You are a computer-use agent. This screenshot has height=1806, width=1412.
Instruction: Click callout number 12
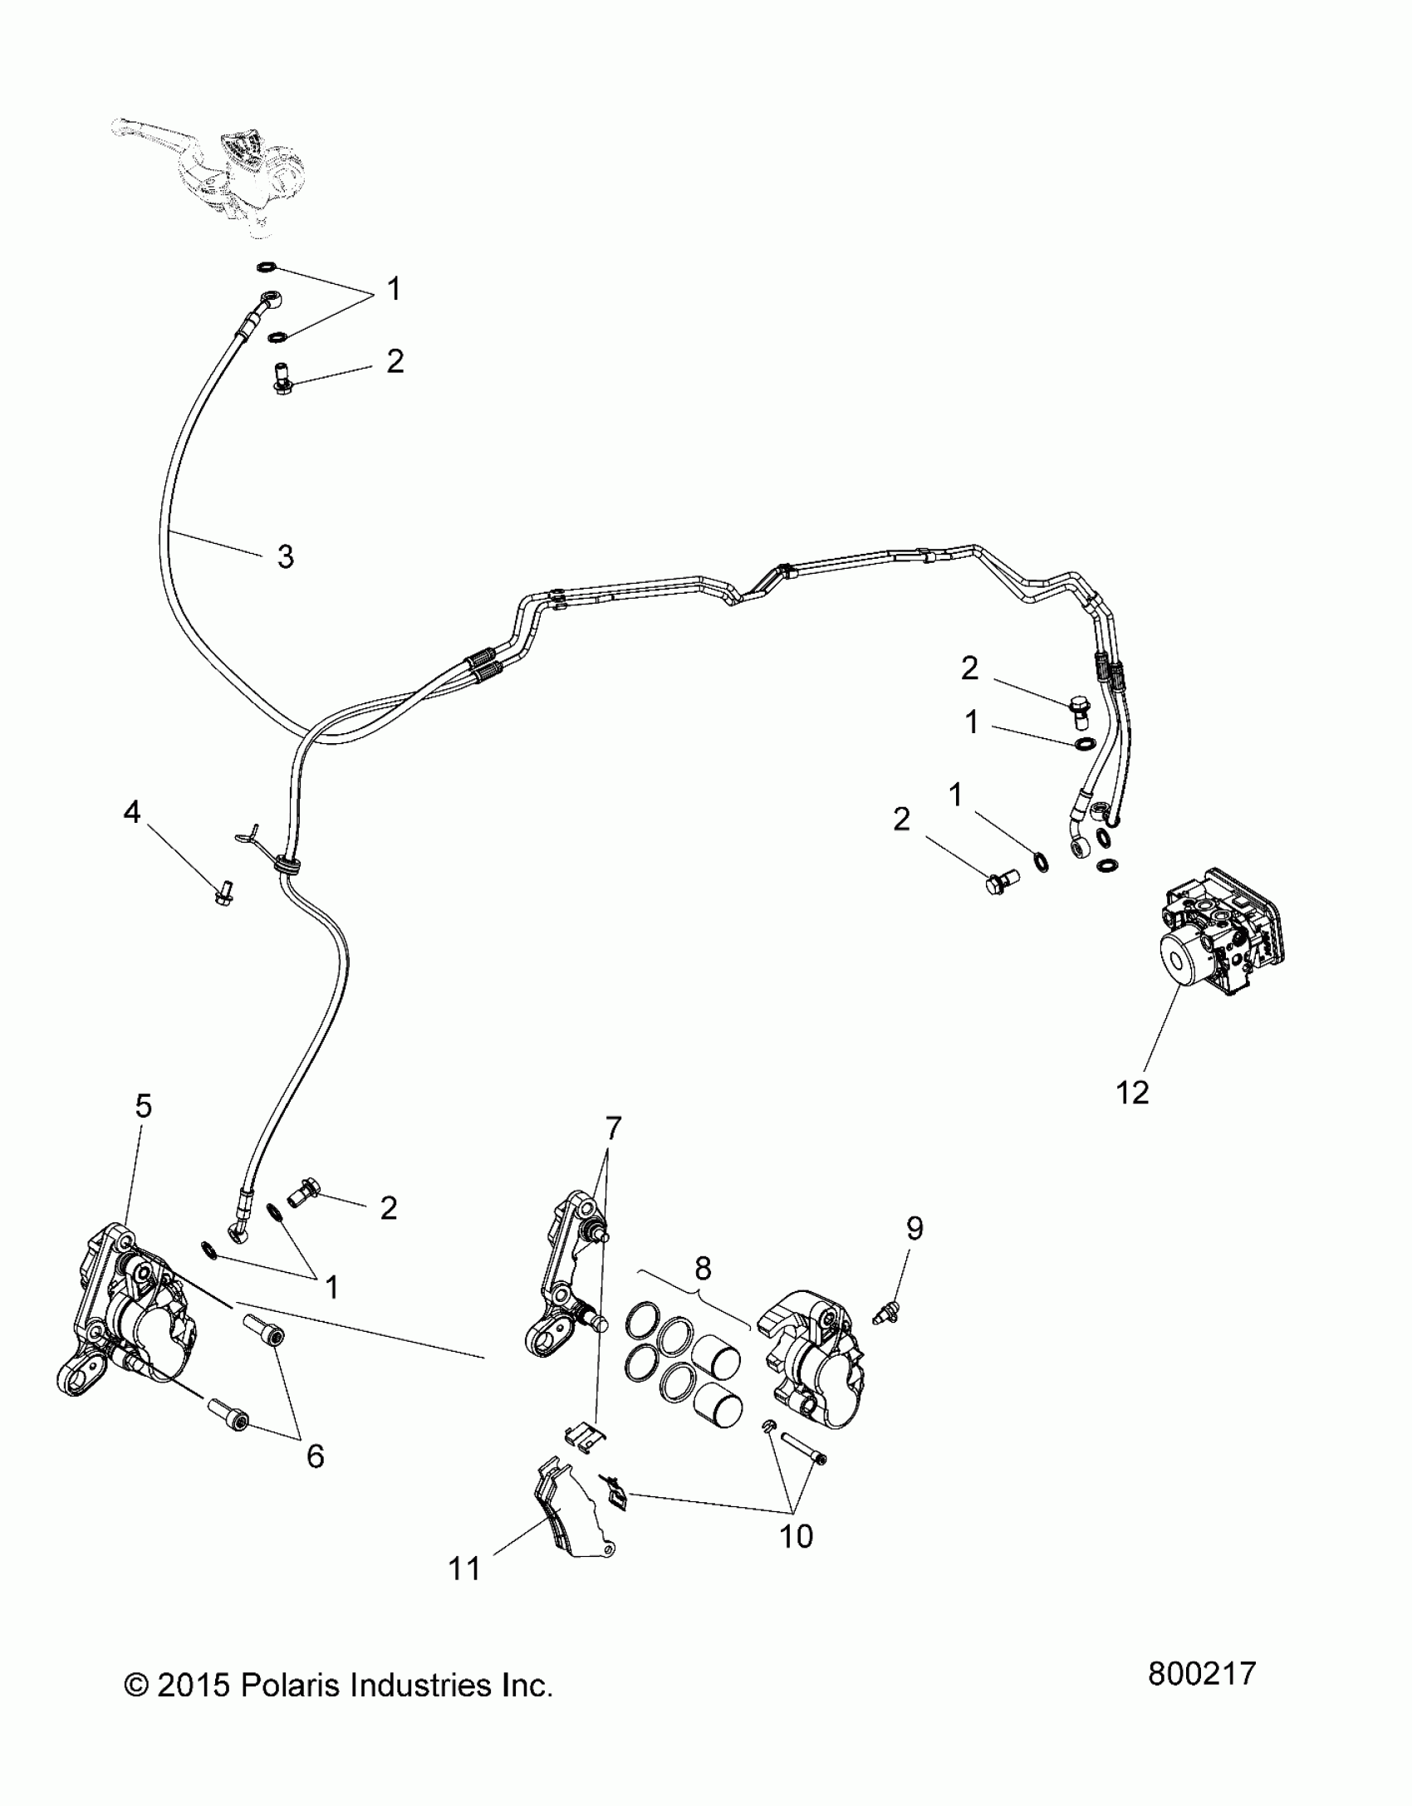click(x=1132, y=1092)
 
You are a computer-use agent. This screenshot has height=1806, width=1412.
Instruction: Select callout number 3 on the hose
click(x=286, y=556)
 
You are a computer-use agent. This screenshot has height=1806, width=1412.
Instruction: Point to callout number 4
click(x=132, y=813)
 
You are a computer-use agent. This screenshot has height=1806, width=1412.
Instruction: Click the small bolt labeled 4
click(x=222, y=893)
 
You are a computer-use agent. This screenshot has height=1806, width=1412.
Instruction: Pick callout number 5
click(x=144, y=1106)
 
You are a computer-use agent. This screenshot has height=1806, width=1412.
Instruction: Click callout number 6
click(x=315, y=1456)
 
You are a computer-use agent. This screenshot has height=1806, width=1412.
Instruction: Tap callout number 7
click(x=613, y=1128)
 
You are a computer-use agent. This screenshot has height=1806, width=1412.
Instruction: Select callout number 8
click(x=703, y=1268)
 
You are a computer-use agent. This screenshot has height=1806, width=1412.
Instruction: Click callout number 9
click(x=914, y=1229)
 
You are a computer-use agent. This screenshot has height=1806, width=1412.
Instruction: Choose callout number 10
click(x=796, y=1536)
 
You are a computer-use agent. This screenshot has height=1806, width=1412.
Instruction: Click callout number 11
click(x=464, y=1569)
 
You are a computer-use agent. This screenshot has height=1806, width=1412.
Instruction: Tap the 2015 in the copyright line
click(x=192, y=1686)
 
